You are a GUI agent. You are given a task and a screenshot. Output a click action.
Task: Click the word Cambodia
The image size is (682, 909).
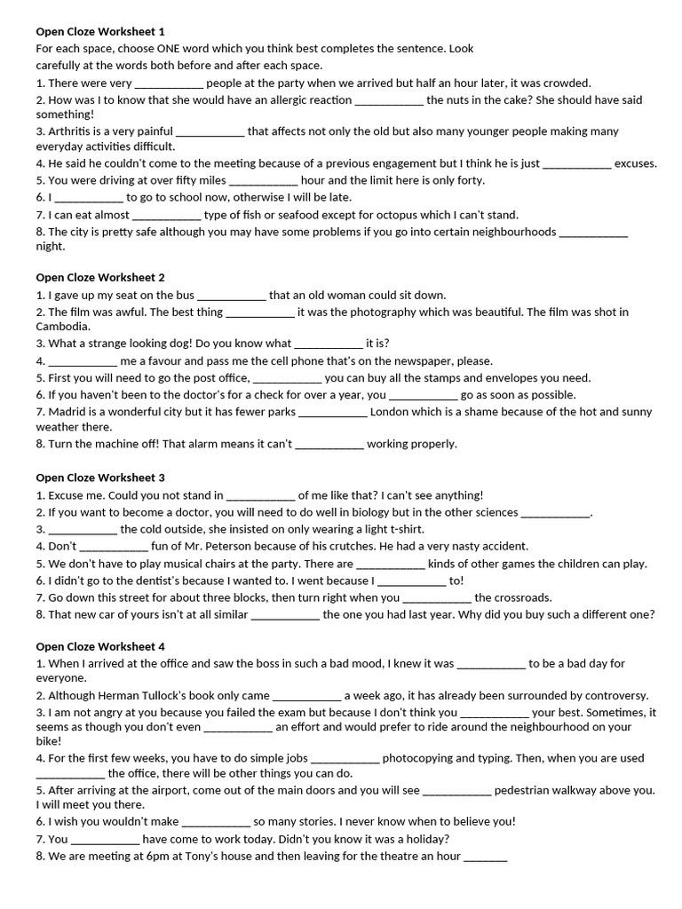[62, 327]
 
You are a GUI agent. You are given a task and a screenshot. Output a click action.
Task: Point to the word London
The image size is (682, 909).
[390, 412]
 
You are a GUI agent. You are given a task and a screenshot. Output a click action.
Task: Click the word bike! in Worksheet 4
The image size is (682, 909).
[49, 740]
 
